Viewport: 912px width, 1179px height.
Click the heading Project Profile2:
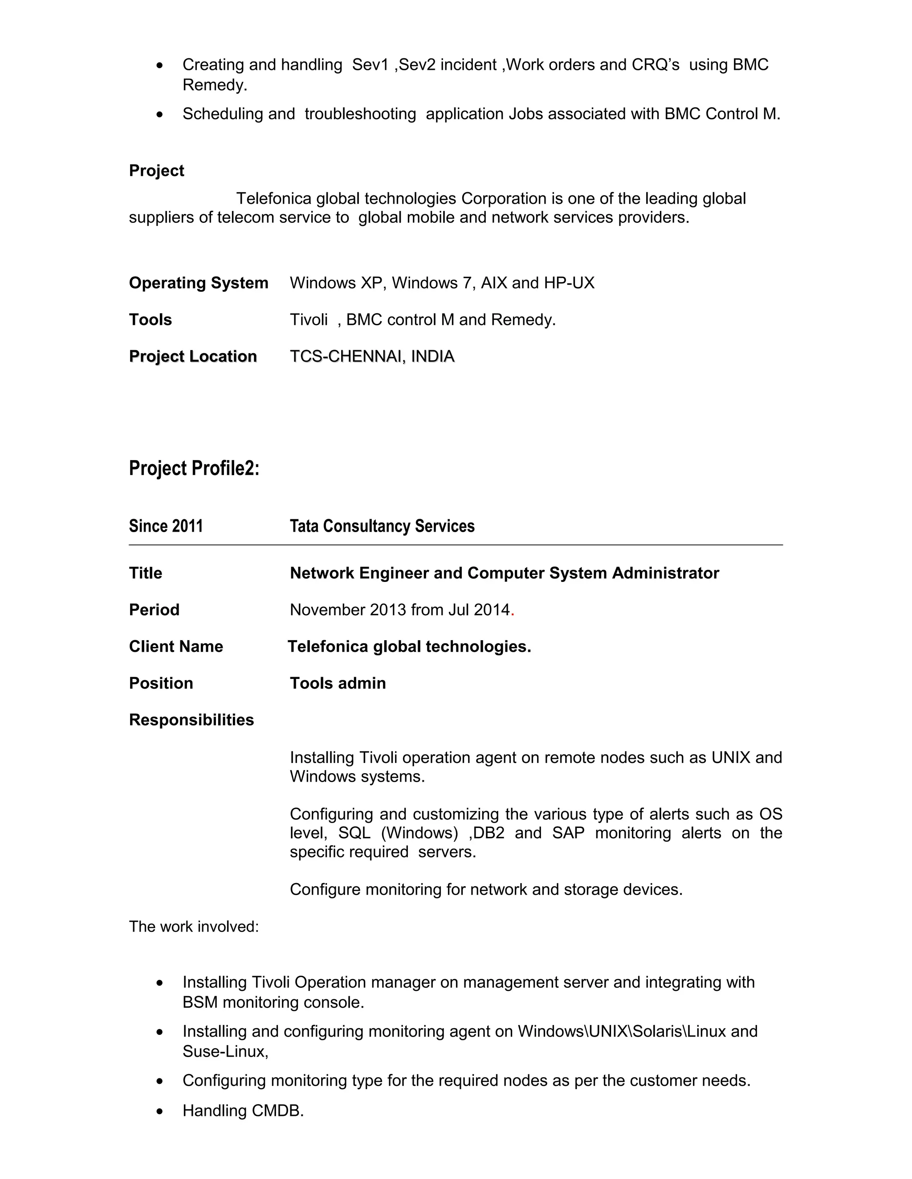click(x=194, y=468)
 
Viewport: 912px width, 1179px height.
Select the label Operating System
click(x=198, y=283)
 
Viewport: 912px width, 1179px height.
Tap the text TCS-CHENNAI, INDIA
click(x=372, y=356)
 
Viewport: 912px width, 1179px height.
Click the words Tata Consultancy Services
click(x=382, y=526)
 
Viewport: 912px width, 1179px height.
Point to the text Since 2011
click(x=166, y=526)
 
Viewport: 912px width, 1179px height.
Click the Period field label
click(x=154, y=610)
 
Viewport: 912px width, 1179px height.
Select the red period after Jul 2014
click(x=512, y=611)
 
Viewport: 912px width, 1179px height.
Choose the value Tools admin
click(x=338, y=683)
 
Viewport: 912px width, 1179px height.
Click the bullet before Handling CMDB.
click(x=159, y=1111)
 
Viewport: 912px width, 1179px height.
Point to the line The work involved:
click(x=193, y=926)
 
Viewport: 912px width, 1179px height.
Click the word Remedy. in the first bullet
click(x=215, y=85)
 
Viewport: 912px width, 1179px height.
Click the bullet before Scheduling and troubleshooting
click(x=159, y=114)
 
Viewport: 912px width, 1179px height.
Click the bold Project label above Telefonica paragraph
click(x=156, y=170)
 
